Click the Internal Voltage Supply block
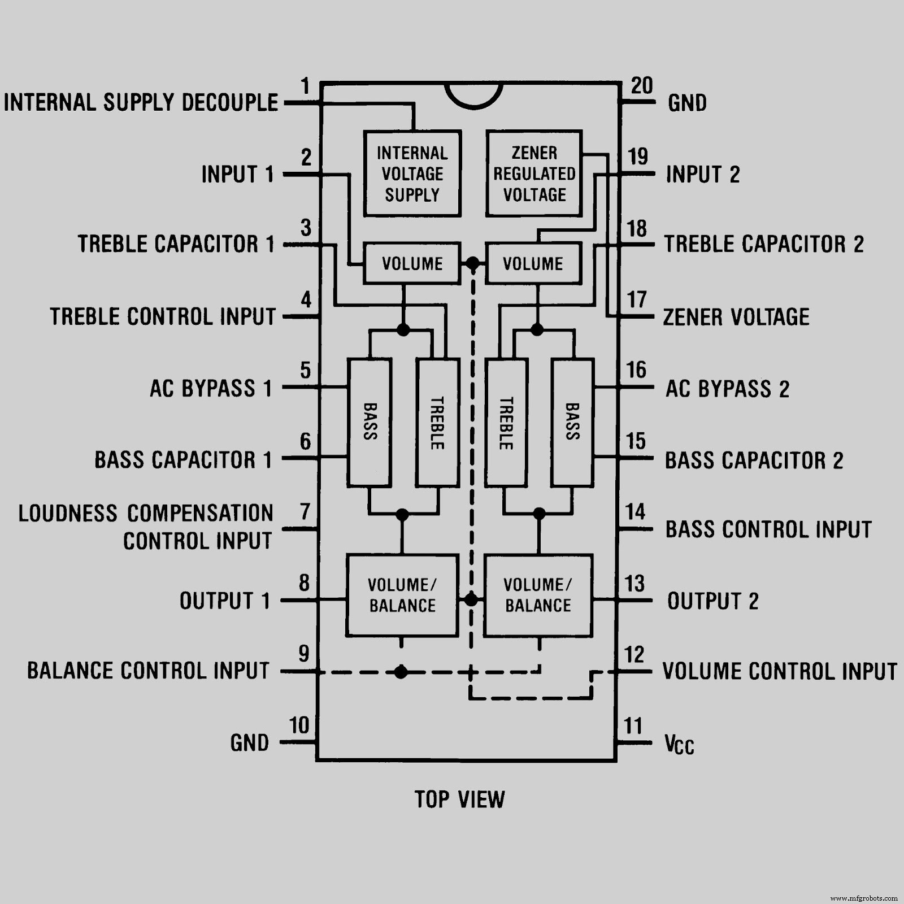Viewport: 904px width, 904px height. click(x=412, y=173)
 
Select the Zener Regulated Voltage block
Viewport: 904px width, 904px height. click(x=534, y=173)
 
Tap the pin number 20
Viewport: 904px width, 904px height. click(x=642, y=86)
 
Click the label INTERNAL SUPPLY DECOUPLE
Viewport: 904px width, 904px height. click(x=141, y=103)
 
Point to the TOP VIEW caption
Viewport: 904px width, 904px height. click(x=459, y=799)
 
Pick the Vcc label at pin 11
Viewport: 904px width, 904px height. click(x=679, y=744)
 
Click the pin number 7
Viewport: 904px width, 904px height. click(x=305, y=512)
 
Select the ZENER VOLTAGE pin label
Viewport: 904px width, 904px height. click(x=736, y=317)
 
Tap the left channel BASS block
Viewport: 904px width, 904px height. click(x=370, y=422)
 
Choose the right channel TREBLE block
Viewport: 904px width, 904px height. click(x=506, y=422)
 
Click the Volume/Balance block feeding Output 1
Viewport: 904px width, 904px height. click(x=402, y=596)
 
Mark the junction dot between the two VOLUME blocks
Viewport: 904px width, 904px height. click(x=472, y=263)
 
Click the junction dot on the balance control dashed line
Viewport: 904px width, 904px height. click(x=401, y=672)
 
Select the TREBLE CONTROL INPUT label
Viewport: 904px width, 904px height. click(x=163, y=316)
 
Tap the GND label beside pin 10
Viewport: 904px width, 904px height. click(x=249, y=743)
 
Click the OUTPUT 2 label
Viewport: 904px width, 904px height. click(x=712, y=601)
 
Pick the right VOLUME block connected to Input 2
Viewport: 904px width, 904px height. click(x=533, y=263)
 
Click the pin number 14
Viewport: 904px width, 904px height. click(x=635, y=512)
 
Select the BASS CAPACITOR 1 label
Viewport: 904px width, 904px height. click(x=183, y=460)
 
